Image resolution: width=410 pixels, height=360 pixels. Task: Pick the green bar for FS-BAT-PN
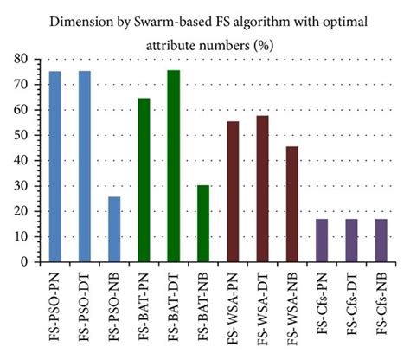[144, 180]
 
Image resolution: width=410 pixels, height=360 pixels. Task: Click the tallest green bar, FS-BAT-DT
[173, 165]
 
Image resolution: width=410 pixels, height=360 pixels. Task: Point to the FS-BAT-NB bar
[202, 223]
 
